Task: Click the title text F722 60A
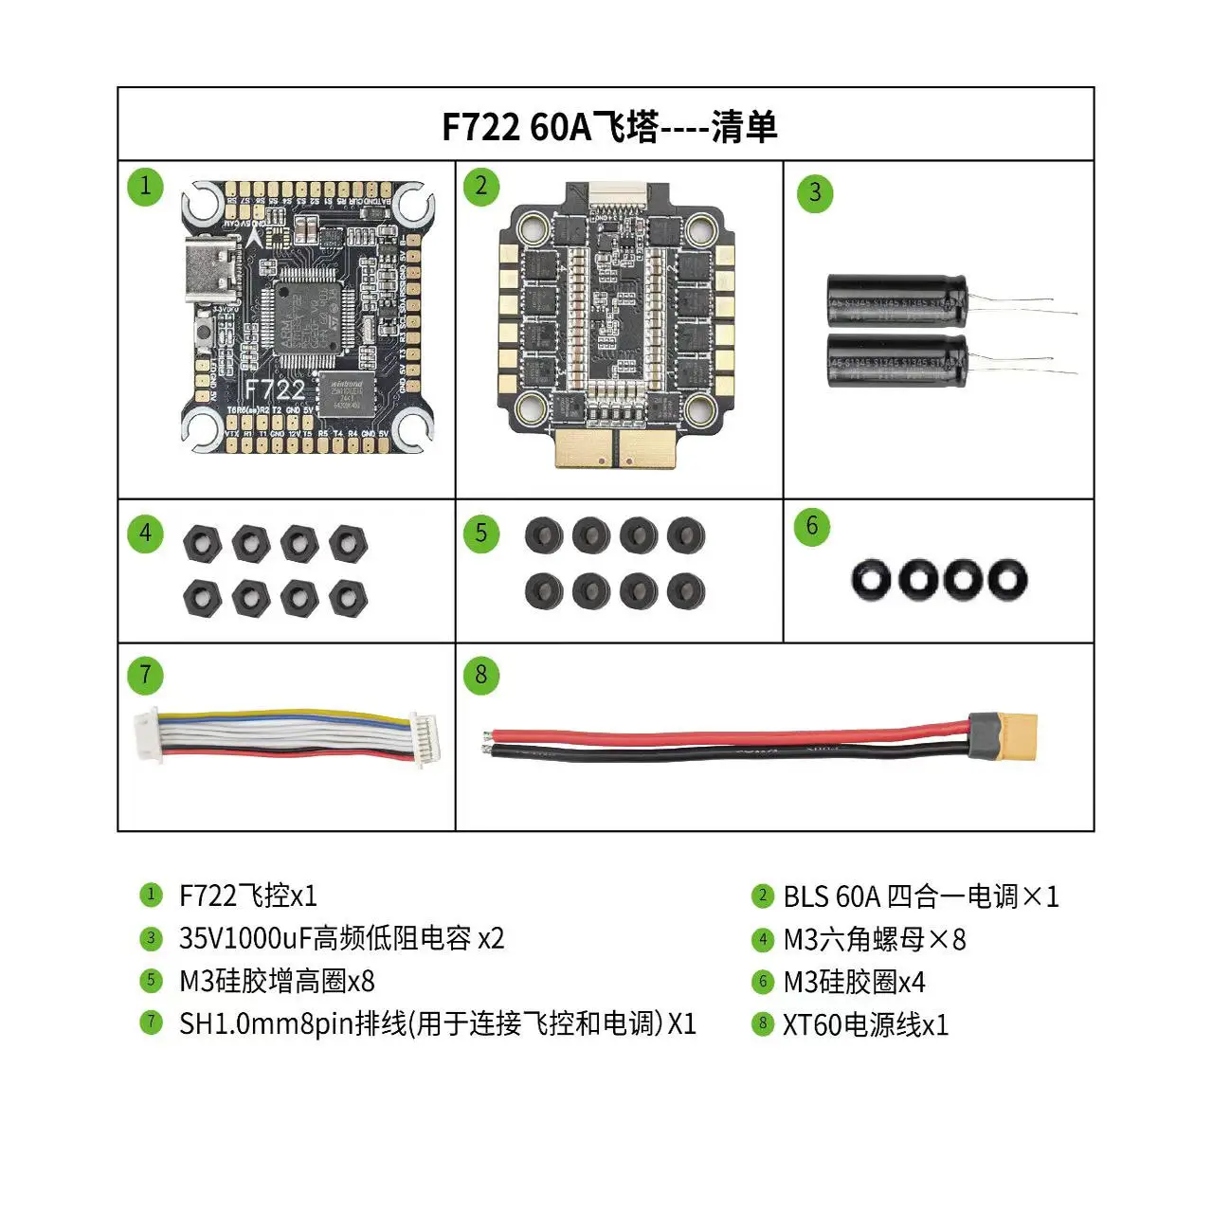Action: click(x=516, y=126)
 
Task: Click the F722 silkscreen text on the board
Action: click(x=275, y=389)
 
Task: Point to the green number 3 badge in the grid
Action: click(x=815, y=193)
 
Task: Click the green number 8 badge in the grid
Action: click(x=481, y=676)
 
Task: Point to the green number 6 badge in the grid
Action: click(x=812, y=527)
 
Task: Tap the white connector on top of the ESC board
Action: click(x=616, y=196)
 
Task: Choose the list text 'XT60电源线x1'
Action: click(x=864, y=1024)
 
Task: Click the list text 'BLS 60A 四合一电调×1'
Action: click(x=920, y=896)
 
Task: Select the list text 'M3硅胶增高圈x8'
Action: click(x=277, y=981)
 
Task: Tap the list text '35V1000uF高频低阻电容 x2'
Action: click(x=341, y=938)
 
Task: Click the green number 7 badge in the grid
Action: click(x=145, y=676)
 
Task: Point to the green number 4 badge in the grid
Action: click(x=145, y=534)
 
